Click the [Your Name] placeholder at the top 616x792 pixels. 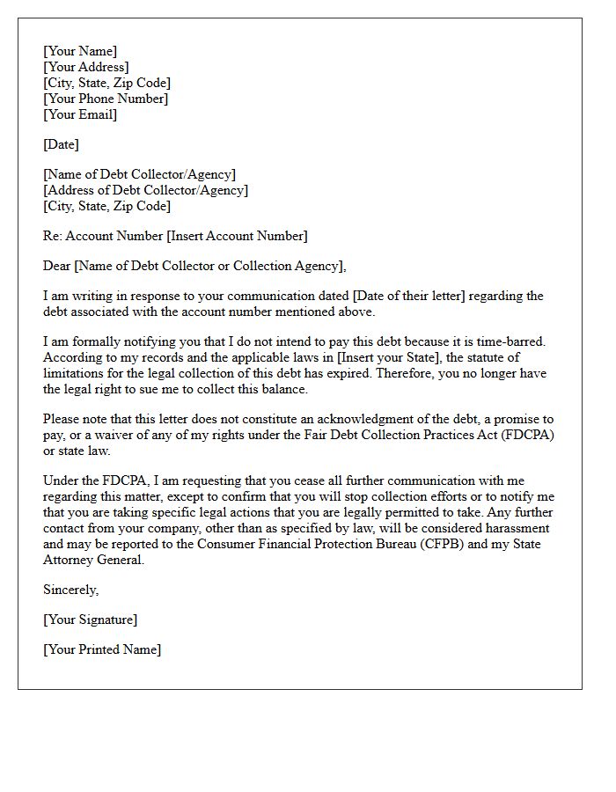click(x=80, y=51)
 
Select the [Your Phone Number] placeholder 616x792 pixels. click(x=106, y=99)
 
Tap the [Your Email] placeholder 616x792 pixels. click(x=80, y=114)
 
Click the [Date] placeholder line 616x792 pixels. click(x=61, y=144)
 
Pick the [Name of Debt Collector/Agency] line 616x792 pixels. click(x=139, y=174)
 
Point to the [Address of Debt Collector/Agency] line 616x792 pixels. click(x=145, y=190)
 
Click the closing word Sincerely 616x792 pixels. click(x=70, y=590)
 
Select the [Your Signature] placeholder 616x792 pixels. click(x=90, y=620)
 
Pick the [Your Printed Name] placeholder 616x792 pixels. click(x=102, y=649)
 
